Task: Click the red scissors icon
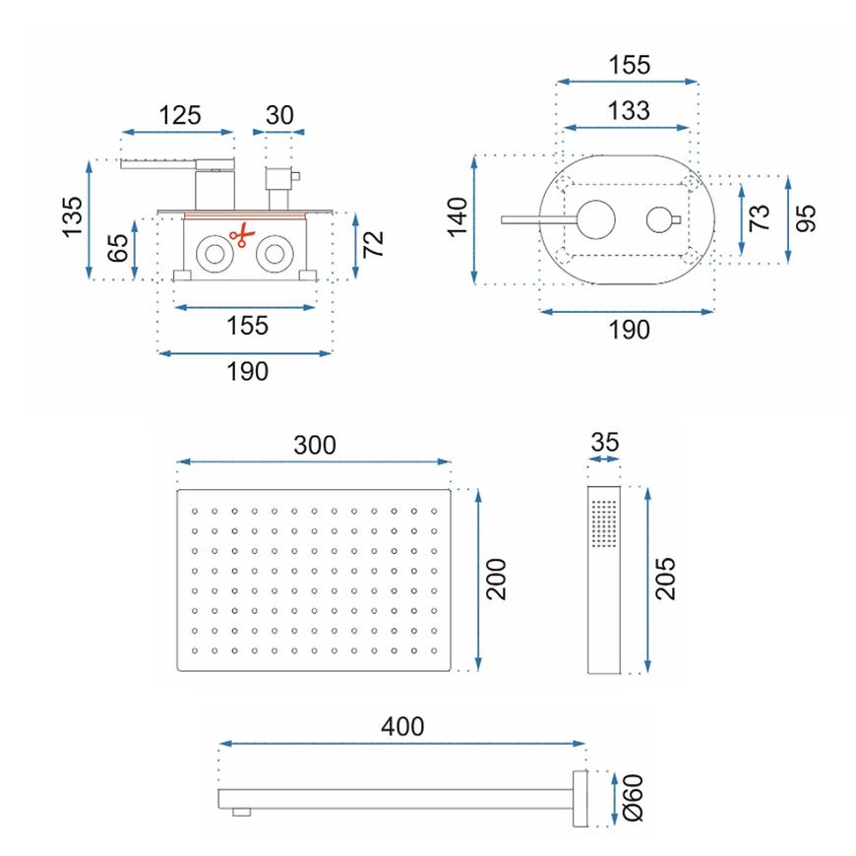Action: click(242, 235)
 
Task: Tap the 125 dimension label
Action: click(180, 116)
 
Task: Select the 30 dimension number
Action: click(279, 116)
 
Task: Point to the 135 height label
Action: click(73, 217)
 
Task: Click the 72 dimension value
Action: click(374, 243)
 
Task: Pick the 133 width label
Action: click(629, 111)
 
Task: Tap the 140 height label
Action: click(458, 217)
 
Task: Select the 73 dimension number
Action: click(760, 217)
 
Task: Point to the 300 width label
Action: click(315, 445)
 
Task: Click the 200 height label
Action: click(496, 580)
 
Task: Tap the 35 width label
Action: click(605, 442)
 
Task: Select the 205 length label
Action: click(665, 580)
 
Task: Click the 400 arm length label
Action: click(402, 727)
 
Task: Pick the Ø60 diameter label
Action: click(634, 798)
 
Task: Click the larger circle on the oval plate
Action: click(596, 220)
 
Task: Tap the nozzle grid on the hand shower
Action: click(604, 523)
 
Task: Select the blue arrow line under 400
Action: click(402, 744)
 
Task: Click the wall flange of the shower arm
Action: click(580, 798)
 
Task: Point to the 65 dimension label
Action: click(118, 248)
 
